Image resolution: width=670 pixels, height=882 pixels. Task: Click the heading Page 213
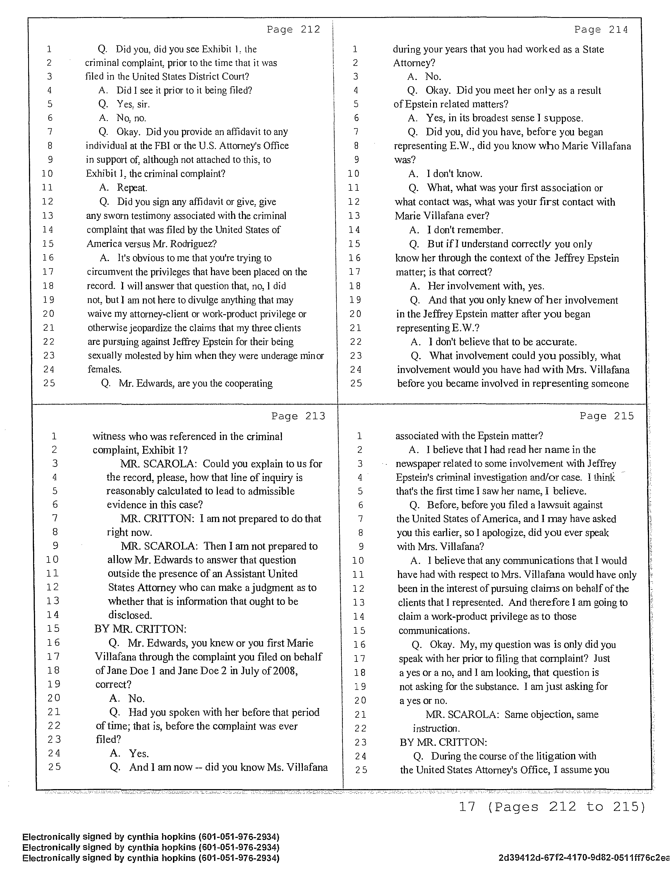pos(298,416)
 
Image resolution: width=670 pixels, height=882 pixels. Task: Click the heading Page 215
pos(606,416)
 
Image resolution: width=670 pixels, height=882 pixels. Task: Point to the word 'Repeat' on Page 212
pos(131,187)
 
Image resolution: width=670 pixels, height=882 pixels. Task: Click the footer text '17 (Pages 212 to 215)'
pos(552,807)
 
